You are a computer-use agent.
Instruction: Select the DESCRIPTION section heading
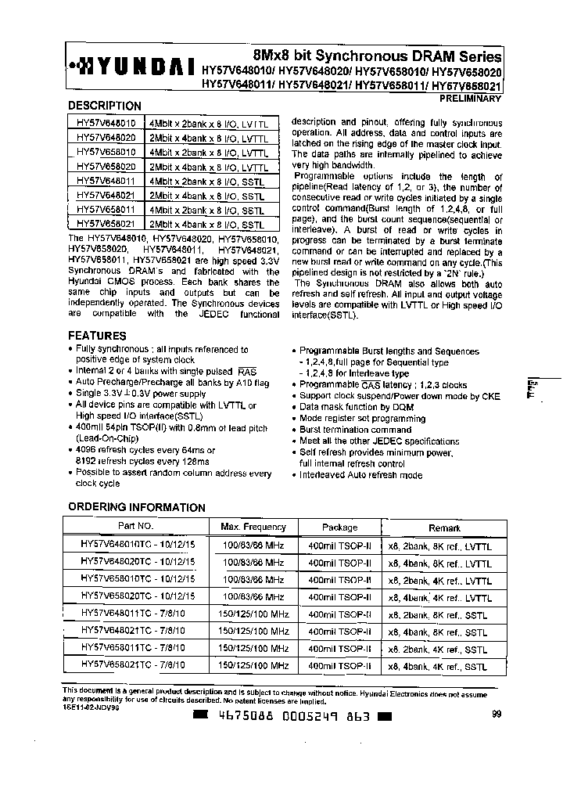tap(105, 106)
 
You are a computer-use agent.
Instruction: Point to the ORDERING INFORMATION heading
tap(137, 507)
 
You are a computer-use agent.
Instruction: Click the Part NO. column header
tap(135, 527)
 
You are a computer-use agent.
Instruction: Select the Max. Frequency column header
tap(253, 527)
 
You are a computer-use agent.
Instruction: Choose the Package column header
tap(339, 527)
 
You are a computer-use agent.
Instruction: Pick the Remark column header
tap(444, 527)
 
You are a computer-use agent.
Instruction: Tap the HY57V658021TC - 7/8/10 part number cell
tap(134, 665)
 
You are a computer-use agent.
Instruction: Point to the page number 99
tap(497, 713)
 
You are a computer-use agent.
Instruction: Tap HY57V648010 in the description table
tap(106, 124)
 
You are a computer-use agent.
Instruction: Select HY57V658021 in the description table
tap(106, 224)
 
